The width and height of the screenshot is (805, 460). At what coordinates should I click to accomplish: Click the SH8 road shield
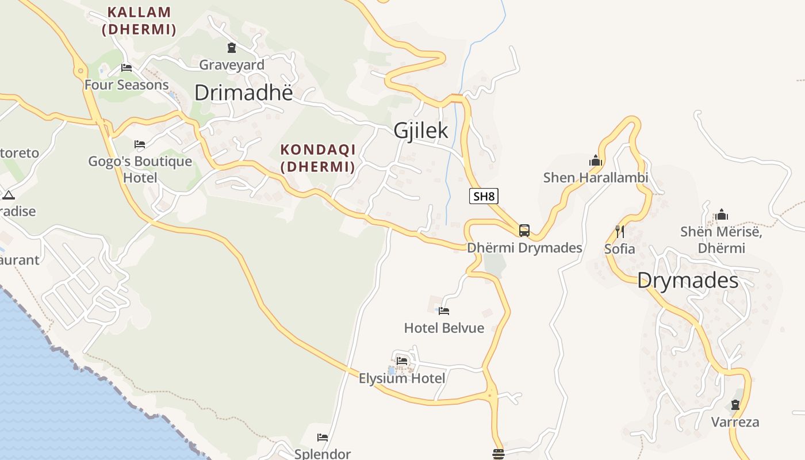point(484,196)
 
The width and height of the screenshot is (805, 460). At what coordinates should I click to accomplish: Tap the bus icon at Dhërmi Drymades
point(524,231)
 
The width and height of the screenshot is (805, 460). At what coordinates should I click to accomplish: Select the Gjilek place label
point(421,131)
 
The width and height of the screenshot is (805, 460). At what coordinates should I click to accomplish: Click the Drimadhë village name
point(243,93)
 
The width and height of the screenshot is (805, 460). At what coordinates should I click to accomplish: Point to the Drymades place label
point(688,281)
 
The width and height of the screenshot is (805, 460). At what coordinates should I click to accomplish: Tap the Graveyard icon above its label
point(232,48)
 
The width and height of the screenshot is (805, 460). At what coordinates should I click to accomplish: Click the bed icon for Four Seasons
point(126,68)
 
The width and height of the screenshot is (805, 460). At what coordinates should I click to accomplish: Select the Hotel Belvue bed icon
point(444,311)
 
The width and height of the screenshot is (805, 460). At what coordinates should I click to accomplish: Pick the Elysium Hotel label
point(402,378)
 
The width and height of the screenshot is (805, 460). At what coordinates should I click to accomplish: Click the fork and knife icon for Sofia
point(620,232)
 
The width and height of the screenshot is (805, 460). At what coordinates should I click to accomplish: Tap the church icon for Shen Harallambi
point(596,160)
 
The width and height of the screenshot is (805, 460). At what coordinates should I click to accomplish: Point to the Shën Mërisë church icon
point(722,215)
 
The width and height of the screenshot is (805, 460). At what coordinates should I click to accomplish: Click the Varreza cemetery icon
point(735,405)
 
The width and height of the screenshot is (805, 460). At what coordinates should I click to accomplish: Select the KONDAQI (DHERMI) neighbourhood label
point(318,158)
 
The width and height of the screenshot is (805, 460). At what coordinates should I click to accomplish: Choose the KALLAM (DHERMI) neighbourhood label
point(139,21)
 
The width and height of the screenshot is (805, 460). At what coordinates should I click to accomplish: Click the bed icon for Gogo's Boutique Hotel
point(140,144)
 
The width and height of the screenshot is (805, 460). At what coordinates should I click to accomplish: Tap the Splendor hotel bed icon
point(323,438)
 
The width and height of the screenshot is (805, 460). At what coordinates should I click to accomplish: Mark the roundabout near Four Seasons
point(79,71)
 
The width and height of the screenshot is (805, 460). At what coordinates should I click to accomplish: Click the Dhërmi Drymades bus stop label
point(524,248)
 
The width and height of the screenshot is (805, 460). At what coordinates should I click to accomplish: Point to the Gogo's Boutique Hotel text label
point(140,169)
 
